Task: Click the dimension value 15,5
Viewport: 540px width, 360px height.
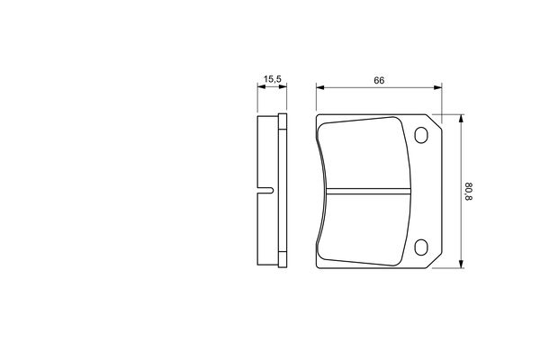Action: (x=273, y=79)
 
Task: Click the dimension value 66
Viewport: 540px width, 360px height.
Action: (x=379, y=81)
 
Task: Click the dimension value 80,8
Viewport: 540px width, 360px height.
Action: (x=469, y=192)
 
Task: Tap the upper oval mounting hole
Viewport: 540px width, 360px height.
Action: (x=421, y=135)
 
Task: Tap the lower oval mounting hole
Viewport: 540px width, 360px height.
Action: (x=421, y=247)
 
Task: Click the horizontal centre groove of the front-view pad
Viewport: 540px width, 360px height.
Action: (x=368, y=191)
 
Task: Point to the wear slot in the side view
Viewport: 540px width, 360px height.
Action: (x=265, y=190)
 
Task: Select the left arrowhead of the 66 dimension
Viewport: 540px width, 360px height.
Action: (x=320, y=87)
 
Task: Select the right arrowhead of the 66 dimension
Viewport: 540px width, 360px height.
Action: (x=437, y=87)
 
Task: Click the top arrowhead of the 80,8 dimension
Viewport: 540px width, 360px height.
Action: (x=461, y=119)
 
